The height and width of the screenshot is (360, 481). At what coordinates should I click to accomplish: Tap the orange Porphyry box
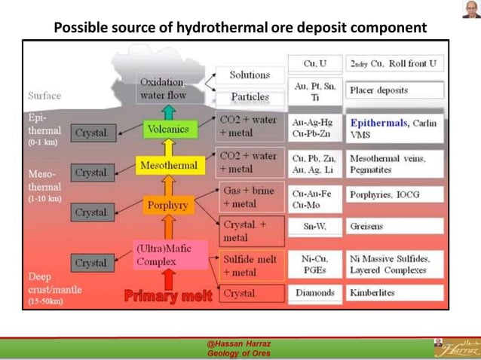click(x=167, y=204)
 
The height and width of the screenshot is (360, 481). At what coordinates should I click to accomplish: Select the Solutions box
click(x=250, y=75)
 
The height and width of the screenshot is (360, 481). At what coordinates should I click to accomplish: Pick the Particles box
click(x=250, y=97)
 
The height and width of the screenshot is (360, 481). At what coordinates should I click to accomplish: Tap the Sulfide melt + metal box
click(x=251, y=265)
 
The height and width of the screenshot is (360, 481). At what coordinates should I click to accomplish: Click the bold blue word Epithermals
click(x=378, y=122)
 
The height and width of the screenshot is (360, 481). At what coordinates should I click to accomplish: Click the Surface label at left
click(x=44, y=96)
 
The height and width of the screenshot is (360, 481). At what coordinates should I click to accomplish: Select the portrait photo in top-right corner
click(x=470, y=10)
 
